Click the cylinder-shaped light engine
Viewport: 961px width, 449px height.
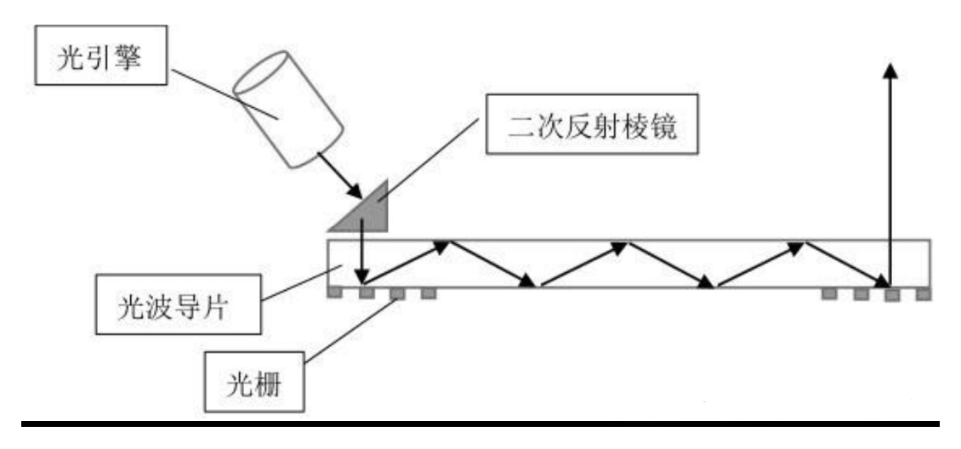(x=288, y=112)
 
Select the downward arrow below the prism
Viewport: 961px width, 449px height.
(x=362, y=251)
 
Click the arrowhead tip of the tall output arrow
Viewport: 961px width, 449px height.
(x=890, y=66)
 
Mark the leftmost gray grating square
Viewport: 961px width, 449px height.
(x=336, y=293)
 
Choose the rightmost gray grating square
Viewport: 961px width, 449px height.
(x=922, y=293)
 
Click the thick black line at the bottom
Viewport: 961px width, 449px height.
(x=480, y=422)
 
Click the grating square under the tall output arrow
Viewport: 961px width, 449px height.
(x=890, y=294)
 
